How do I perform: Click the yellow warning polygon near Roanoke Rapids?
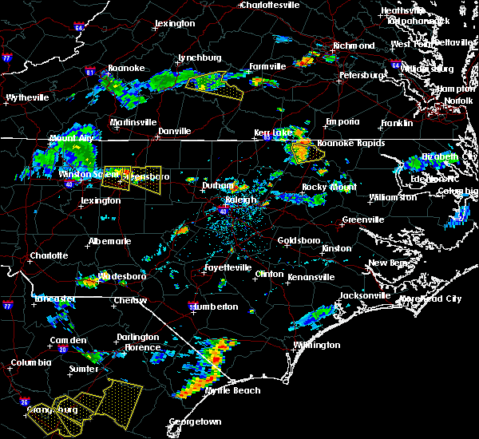pos(303,151)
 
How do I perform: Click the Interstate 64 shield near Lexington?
pos(79,27)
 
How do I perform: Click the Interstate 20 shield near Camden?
pos(63,350)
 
